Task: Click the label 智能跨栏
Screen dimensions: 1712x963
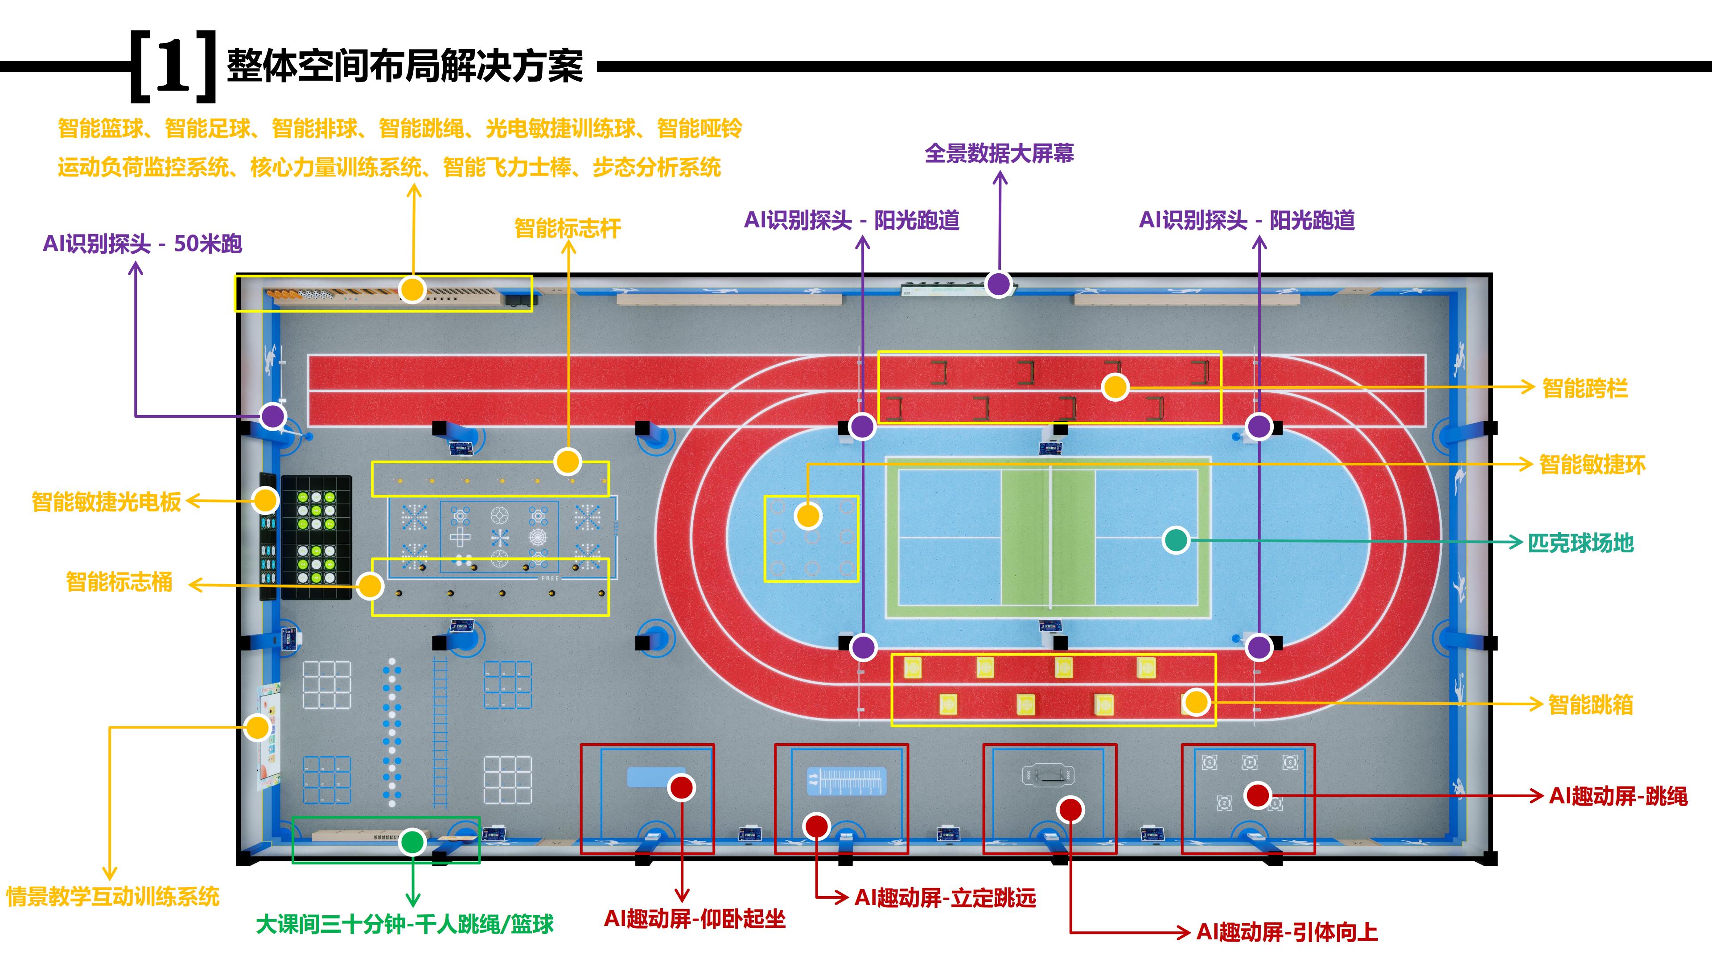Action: click(x=1584, y=388)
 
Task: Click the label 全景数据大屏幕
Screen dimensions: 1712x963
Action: click(x=999, y=153)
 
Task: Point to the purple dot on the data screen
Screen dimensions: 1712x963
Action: click(x=998, y=284)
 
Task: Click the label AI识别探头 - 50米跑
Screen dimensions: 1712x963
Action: click(x=142, y=244)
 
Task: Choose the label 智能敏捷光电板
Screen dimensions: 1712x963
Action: click(x=107, y=502)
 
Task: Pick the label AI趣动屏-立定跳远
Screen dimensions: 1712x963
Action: click(x=945, y=898)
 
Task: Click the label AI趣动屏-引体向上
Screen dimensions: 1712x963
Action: click(x=1287, y=932)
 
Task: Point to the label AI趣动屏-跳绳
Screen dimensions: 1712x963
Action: click(x=1618, y=795)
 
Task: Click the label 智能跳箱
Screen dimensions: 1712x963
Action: click(x=1590, y=704)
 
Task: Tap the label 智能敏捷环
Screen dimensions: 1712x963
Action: click(x=1593, y=465)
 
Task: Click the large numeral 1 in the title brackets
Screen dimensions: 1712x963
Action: click(x=173, y=66)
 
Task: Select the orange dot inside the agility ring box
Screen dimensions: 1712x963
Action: click(x=808, y=516)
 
